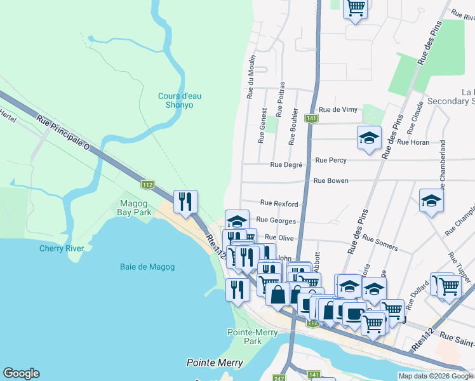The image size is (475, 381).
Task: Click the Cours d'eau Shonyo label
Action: (175, 100)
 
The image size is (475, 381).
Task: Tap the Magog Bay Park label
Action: (135, 208)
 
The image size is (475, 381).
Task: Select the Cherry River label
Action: (62, 248)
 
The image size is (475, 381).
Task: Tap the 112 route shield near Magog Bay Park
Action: (147, 185)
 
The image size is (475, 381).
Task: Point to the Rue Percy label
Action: (331, 161)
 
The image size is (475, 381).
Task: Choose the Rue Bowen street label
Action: (331, 181)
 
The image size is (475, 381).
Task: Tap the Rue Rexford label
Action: (279, 204)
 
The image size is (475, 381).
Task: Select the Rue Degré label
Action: (285, 165)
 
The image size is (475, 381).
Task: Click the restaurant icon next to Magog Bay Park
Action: (185, 202)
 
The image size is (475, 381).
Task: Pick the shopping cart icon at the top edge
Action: (356, 8)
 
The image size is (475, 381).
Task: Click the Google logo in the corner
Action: (21, 373)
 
